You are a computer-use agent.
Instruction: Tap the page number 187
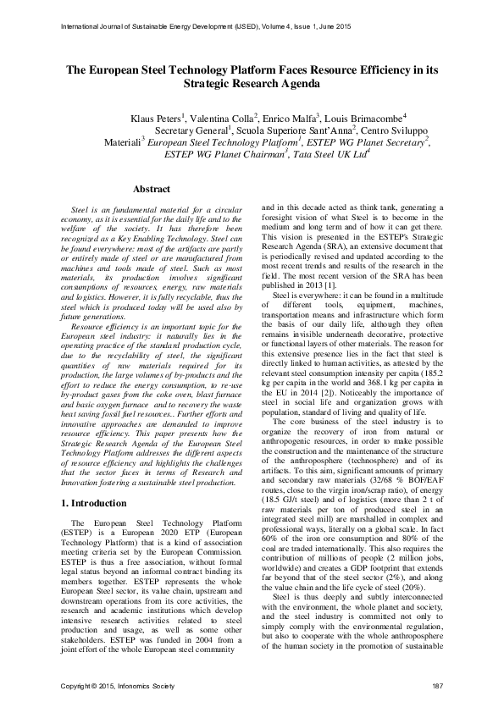(x=438, y=684)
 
